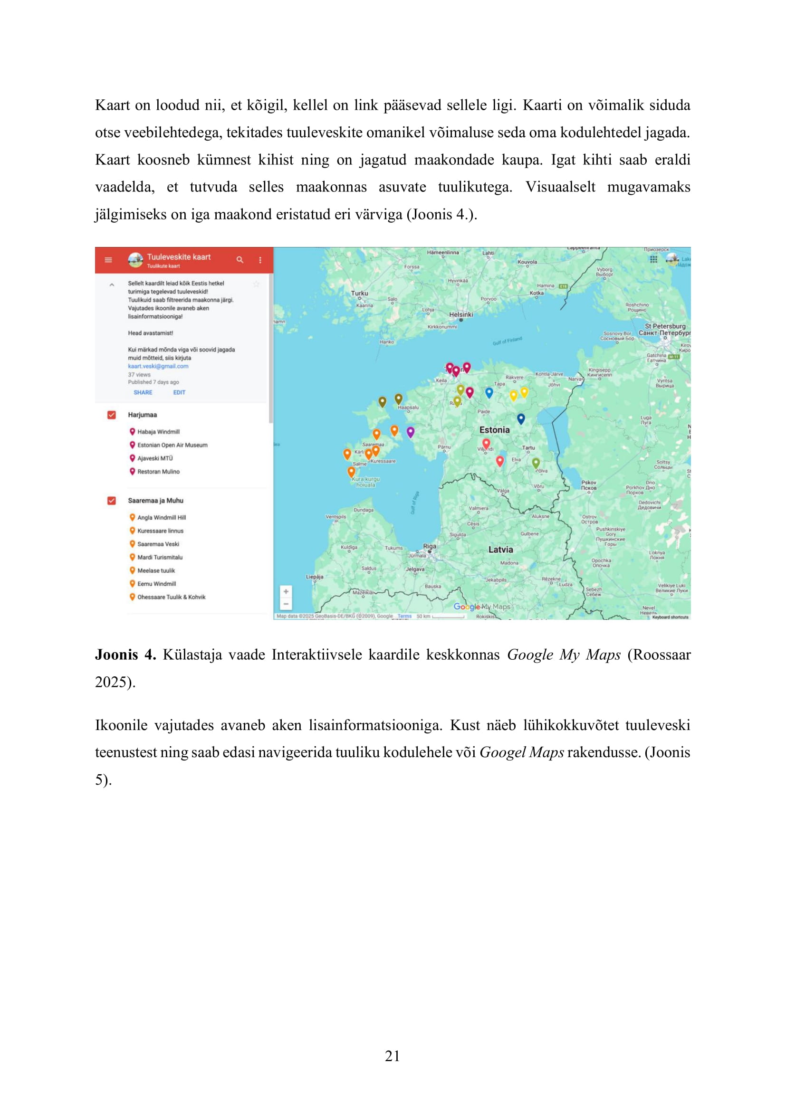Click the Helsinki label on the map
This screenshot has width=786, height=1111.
pyautogui.click(x=461, y=314)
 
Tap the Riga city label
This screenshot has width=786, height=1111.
pyautogui.click(x=429, y=546)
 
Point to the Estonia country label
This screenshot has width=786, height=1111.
pyautogui.click(x=494, y=430)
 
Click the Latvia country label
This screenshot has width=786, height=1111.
pyautogui.click(x=500, y=549)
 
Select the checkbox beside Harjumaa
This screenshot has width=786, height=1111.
pyautogui.click(x=112, y=415)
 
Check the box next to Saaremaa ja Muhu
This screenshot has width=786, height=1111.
pyautogui.click(x=112, y=500)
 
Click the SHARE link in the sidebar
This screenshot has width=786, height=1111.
pyautogui.click(x=143, y=392)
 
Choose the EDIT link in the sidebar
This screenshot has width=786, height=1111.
pyautogui.click(x=179, y=392)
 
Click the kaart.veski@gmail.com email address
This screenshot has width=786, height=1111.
pyautogui.click(x=158, y=366)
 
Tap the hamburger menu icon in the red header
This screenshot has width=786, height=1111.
pyautogui.click(x=108, y=260)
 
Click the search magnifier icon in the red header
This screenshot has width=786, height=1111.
pyautogui.click(x=240, y=260)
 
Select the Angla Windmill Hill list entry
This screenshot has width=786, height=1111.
pyautogui.click(x=161, y=517)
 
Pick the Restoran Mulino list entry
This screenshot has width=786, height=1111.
pyautogui.click(x=158, y=471)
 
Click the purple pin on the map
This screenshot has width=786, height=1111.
pyautogui.click(x=411, y=432)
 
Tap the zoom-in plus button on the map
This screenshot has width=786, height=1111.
pyautogui.click(x=286, y=591)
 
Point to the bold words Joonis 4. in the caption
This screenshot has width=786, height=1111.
pyautogui.click(x=125, y=655)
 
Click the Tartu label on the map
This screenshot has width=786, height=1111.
pyautogui.click(x=528, y=447)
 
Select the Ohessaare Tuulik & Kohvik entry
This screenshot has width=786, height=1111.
pyautogui.click(x=171, y=597)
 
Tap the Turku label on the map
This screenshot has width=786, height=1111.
pyautogui.click(x=360, y=293)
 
